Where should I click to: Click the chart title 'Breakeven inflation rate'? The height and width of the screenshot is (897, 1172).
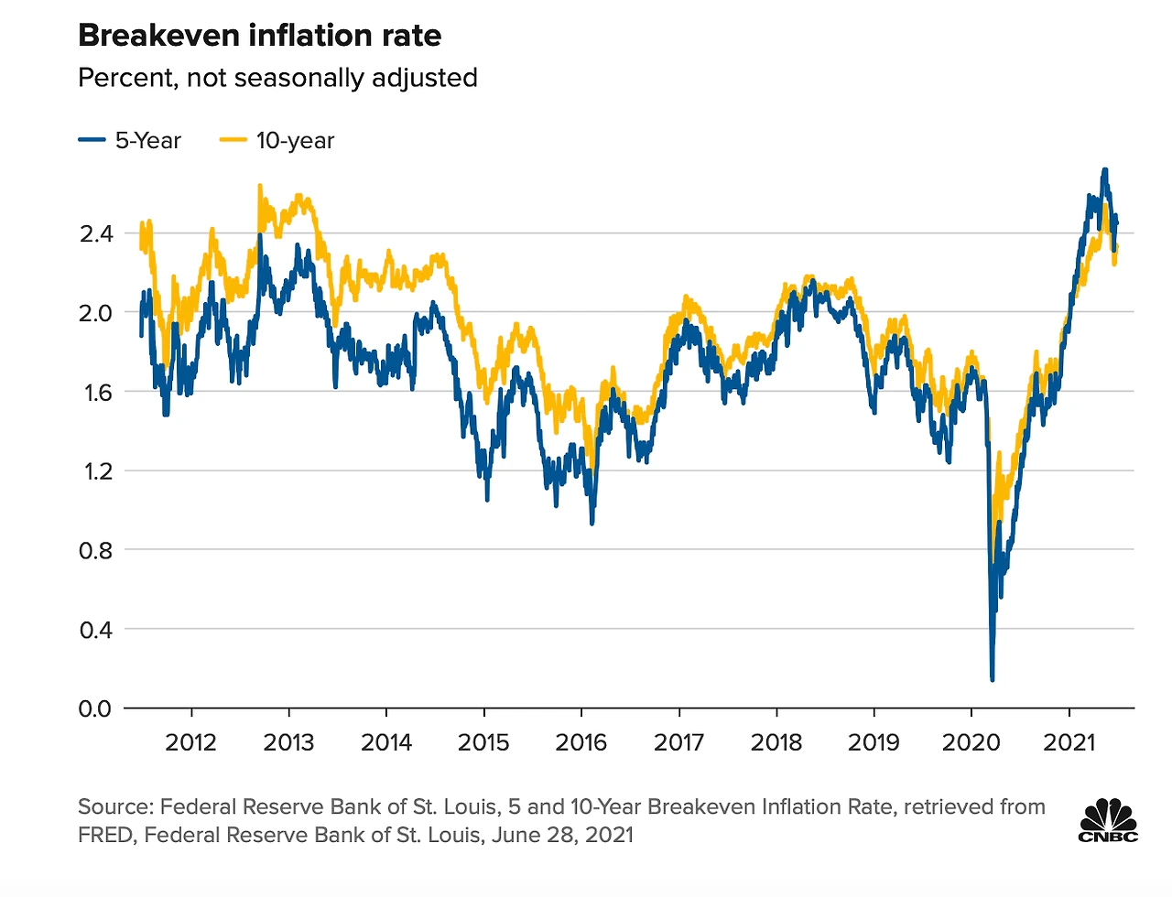[259, 36]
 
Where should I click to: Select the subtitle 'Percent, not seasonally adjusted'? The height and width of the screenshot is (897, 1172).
[277, 78]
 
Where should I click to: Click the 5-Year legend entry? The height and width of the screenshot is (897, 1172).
[130, 141]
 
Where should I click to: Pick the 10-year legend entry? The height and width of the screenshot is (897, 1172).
[277, 141]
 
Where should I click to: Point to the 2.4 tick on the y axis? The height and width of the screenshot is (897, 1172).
[96, 233]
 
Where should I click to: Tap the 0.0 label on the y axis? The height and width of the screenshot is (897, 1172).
[96, 708]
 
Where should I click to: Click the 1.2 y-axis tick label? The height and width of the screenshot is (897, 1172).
[96, 471]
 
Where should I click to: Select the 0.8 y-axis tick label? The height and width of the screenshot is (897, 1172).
[96, 550]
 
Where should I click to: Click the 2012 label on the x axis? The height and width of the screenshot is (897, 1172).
[190, 741]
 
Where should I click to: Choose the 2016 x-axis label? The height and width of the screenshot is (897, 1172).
[581, 741]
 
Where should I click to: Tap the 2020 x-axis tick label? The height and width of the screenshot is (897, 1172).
[971, 741]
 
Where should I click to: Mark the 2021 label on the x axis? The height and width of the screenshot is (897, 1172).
[1069, 741]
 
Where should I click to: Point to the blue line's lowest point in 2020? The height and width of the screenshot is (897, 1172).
[993, 678]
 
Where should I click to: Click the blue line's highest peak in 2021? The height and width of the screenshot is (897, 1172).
[1105, 170]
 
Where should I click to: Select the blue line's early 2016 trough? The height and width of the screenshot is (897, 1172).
[592, 523]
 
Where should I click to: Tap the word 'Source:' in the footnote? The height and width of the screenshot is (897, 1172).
[115, 806]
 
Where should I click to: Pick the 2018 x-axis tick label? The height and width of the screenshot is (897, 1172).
[776, 741]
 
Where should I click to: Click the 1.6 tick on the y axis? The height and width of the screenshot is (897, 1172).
[96, 392]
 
